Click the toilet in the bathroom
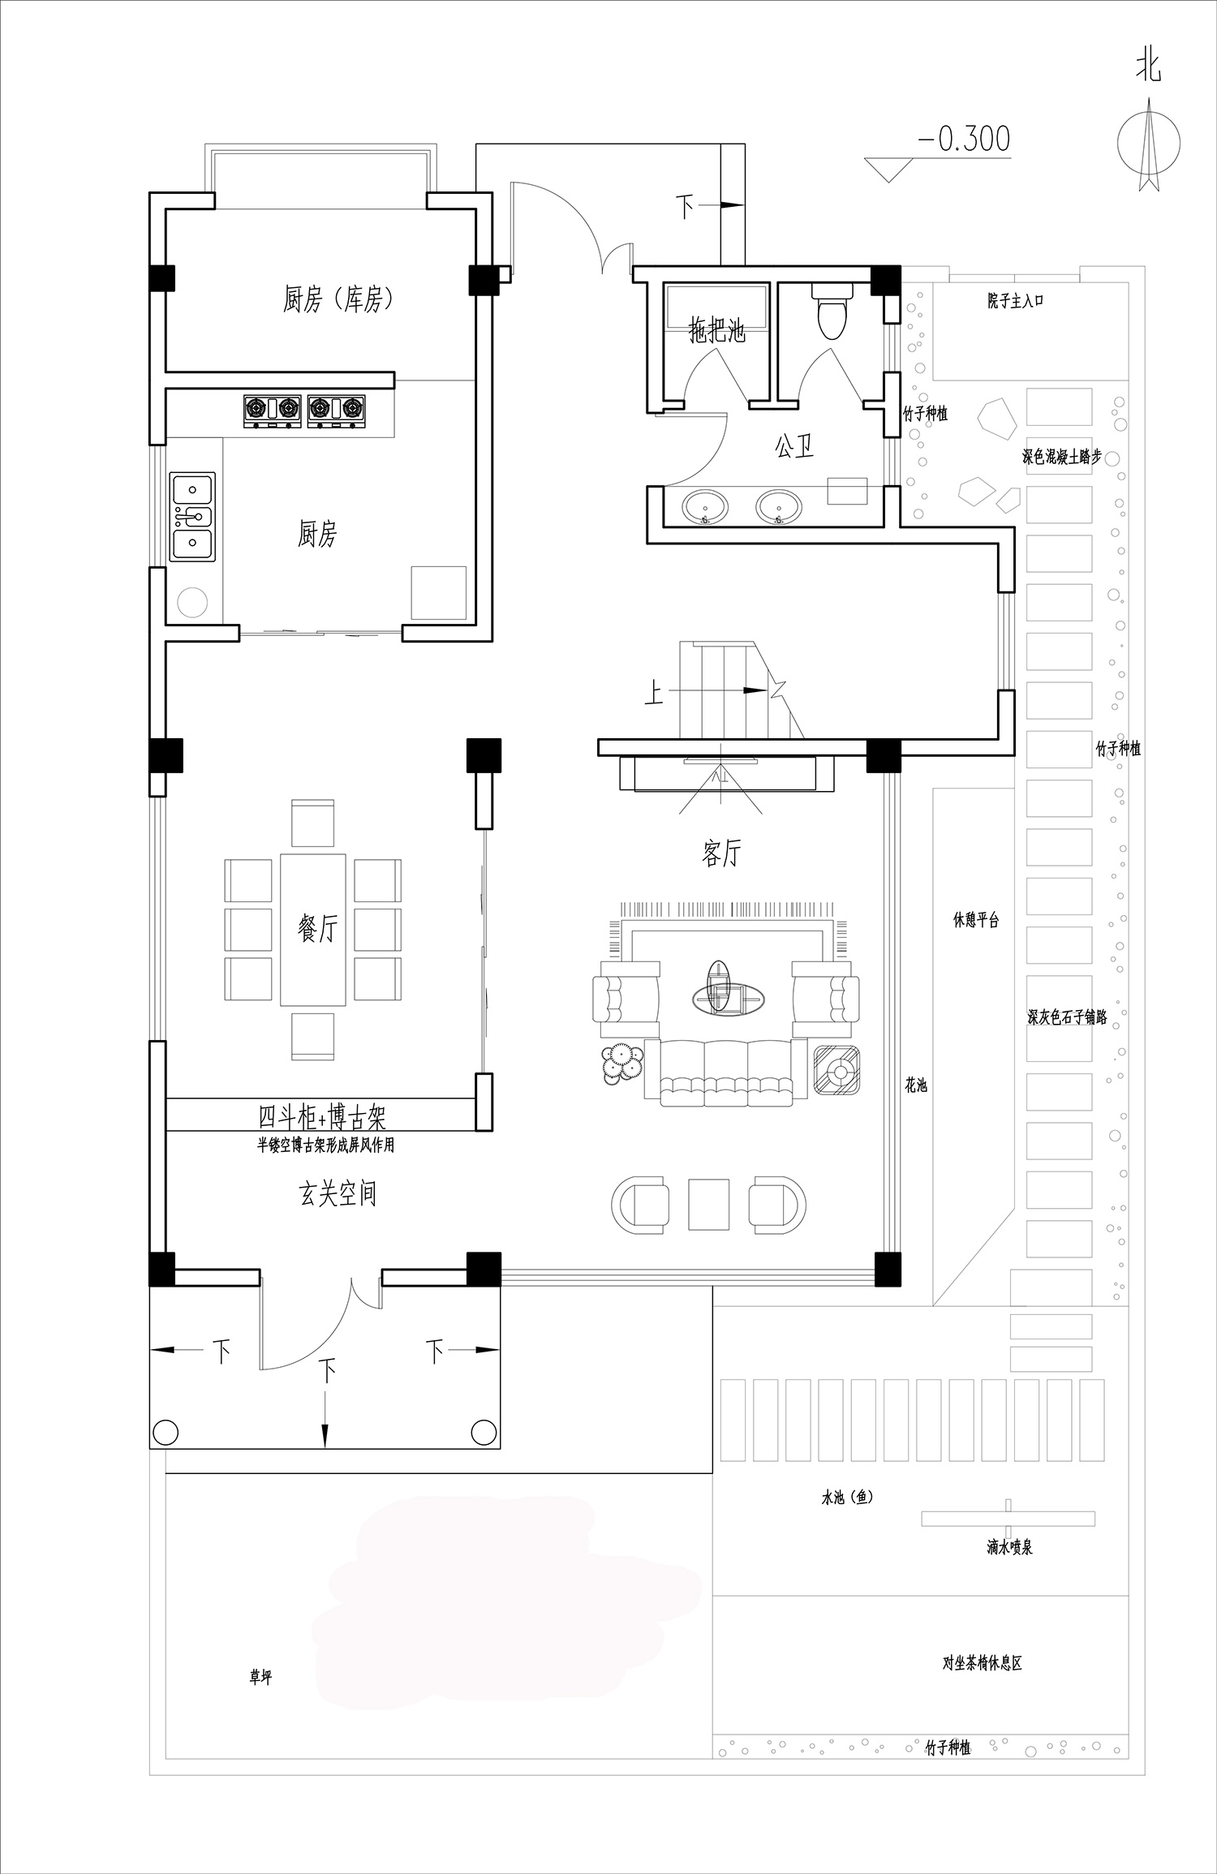pyautogui.click(x=832, y=310)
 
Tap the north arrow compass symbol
pyautogui.click(x=1149, y=144)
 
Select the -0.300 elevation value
pyautogui.click(x=964, y=139)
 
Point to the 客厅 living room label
pyautogui.click(x=721, y=853)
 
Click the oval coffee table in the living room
pyautogui.click(x=728, y=998)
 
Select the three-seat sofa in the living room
pyautogui.click(x=726, y=1072)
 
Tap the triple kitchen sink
pyautogui.click(x=193, y=516)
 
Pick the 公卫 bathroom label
pyautogui.click(x=794, y=445)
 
